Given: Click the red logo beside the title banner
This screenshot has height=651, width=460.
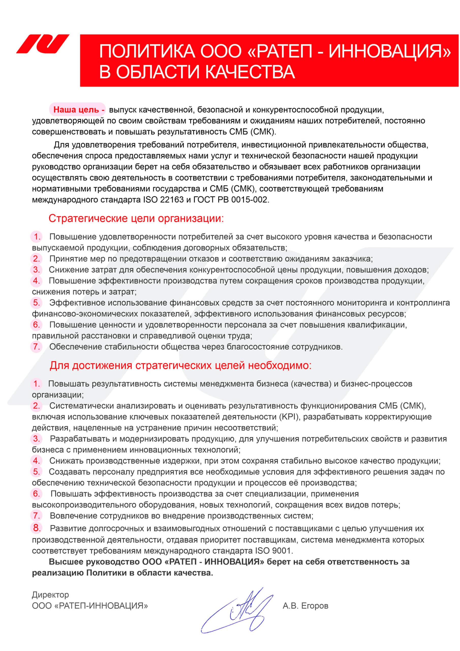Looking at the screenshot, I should click(x=42, y=44).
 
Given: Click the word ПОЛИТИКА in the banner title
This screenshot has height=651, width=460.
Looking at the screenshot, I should click(x=147, y=51).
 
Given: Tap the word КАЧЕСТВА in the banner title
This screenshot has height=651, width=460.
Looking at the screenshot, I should click(x=249, y=71).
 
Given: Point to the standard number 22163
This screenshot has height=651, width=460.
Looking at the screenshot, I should click(x=172, y=200).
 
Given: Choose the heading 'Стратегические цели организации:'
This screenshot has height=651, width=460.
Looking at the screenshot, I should click(x=136, y=219).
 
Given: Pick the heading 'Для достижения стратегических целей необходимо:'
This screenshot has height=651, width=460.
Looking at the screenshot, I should click(x=180, y=365).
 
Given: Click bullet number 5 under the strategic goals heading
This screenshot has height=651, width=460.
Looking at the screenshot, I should click(x=37, y=303).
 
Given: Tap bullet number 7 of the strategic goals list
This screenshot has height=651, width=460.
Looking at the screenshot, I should click(x=37, y=347).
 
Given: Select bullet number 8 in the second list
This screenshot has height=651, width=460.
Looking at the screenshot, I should click(x=37, y=528).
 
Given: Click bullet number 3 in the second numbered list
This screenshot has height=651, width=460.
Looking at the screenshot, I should click(x=37, y=439).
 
